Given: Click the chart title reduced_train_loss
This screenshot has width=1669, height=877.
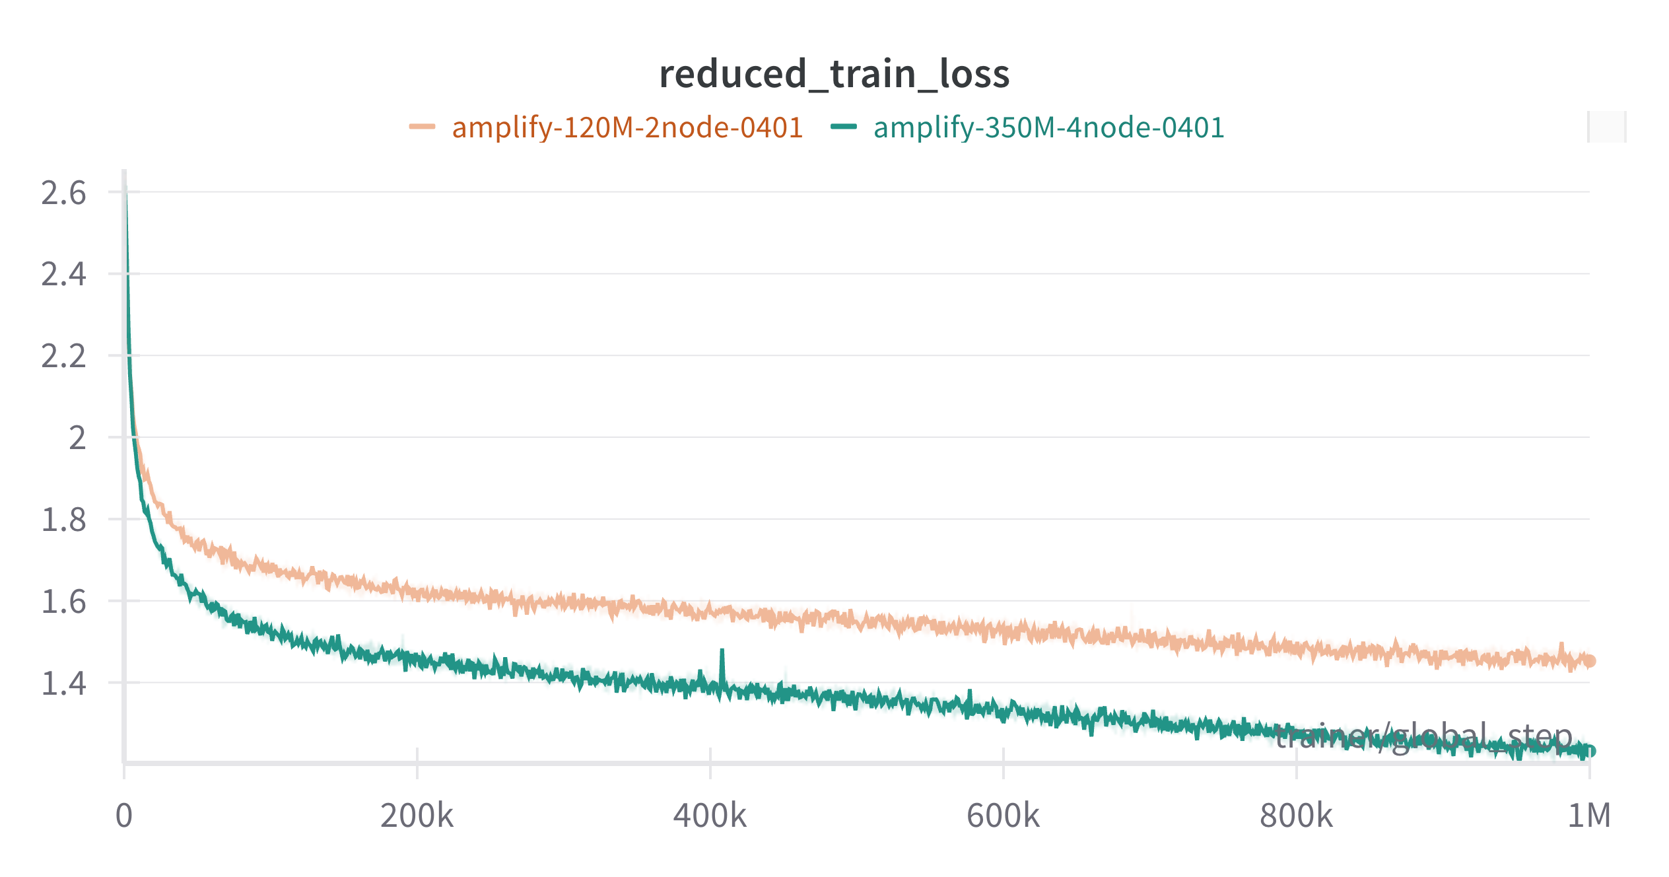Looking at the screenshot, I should pyautogui.click(x=834, y=74).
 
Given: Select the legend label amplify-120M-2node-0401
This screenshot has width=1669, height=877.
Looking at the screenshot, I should pyautogui.click(x=627, y=127).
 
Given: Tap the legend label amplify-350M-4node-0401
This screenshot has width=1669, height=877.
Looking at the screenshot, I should pyautogui.click(x=1048, y=127).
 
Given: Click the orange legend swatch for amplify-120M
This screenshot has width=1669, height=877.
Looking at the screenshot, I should pyautogui.click(x=422, y=127).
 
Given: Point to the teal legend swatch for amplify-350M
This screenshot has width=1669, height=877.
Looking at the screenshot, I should pyautogui.click(x=844, y=127).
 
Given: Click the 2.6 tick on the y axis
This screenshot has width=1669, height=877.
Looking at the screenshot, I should pyautogui.click(x=63, y=193).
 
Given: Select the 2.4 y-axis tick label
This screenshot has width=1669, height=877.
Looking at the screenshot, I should pyautogui.click(x=63, y=275).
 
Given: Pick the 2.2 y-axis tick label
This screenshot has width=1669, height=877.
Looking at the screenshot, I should pyautogui.click(x=63, y=357).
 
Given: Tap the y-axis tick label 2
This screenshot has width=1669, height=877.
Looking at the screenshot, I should pyautogui.click(x=77, y=438).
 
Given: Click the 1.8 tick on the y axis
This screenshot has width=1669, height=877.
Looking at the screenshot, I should pyautogui.click(x=63, y=520).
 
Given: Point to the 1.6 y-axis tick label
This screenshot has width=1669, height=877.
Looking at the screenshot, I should pyautogui.click(x=63, y=602).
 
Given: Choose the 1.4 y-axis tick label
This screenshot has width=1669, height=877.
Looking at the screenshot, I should pyautogui.click(x=63, y=684).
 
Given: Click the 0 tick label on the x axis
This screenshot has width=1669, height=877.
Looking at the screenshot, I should pyautogui.click(x=124, y=816).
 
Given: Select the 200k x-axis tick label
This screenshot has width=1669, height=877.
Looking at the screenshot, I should pyautogui.click(x=417, y=816).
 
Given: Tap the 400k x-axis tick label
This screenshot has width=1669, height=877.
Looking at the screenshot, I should pyautogui.click(x=710, y=816).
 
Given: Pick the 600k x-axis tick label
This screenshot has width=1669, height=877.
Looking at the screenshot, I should pyautogui.click(x=1003, y=816).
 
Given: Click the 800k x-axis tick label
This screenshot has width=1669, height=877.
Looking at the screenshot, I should pyautogui.click(x=1296, y=816).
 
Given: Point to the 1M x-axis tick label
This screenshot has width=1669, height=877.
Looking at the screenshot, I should pyautogui.click(x=1589, y=816).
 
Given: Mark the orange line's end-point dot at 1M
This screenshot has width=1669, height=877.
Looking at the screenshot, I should pyautogui.click(x=1590, y=660).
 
